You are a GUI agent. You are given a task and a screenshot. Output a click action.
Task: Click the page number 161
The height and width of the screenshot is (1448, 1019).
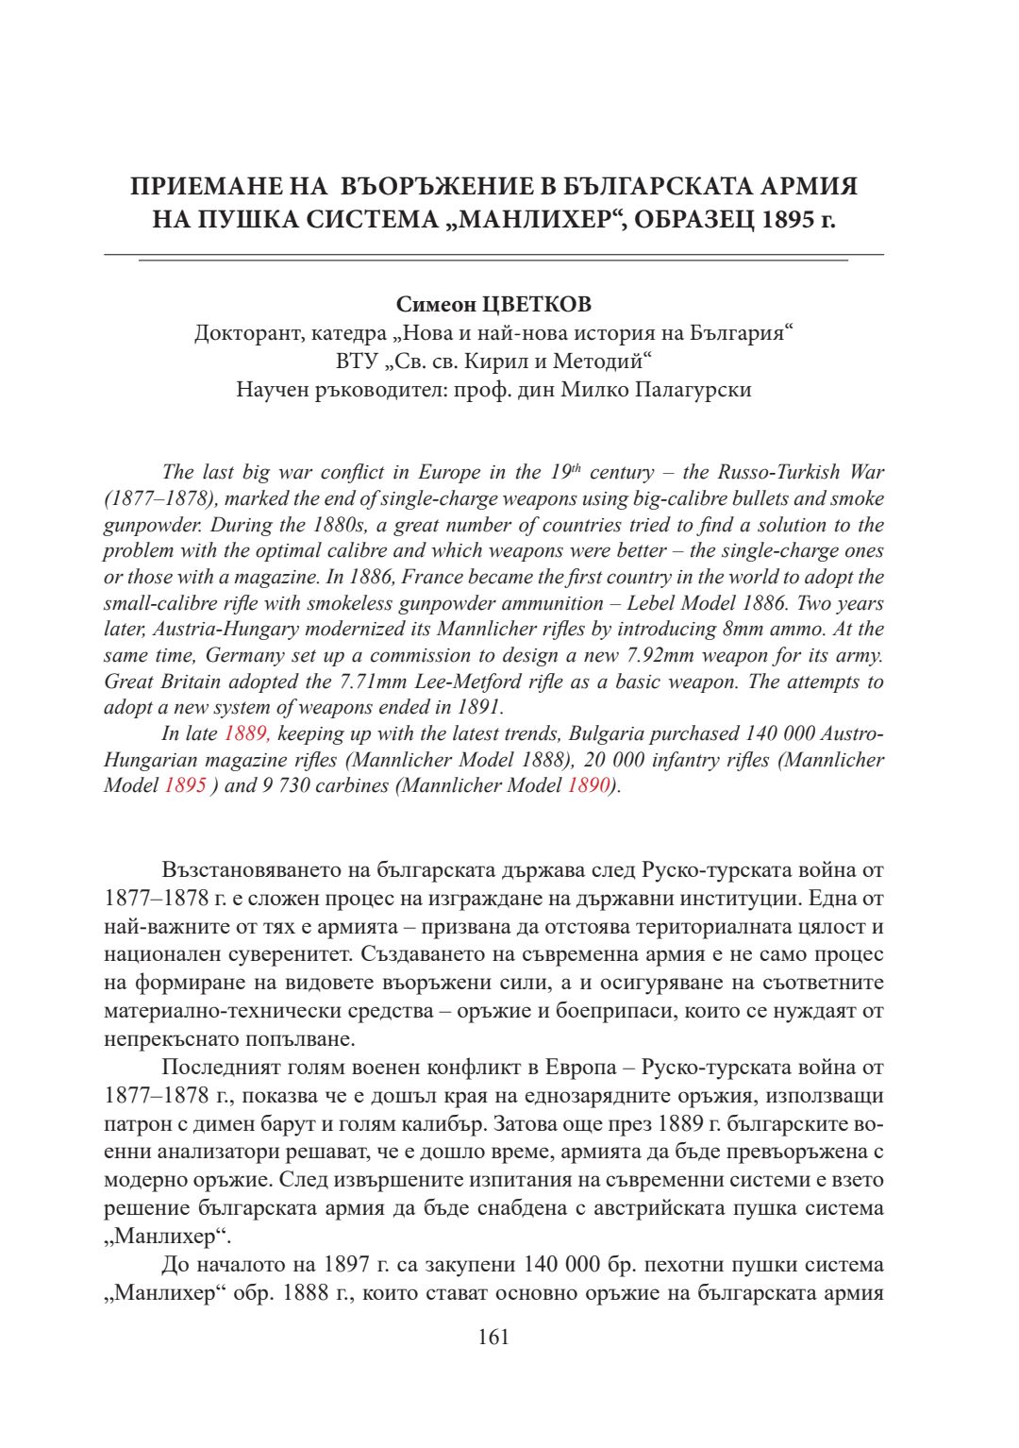click(x=493, y=1337)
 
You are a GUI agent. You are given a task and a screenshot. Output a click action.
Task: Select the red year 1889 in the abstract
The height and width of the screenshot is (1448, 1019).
click(x=247, y=733)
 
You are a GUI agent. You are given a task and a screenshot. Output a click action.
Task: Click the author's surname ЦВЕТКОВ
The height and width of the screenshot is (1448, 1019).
click(x=537, y=304)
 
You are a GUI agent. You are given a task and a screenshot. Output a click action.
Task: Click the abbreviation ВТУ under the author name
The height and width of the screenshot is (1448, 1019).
click(x=355, y=362)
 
